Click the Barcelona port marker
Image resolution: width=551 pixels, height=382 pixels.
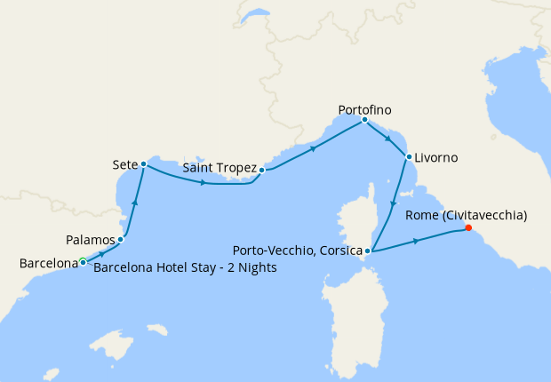(x=83, y=261)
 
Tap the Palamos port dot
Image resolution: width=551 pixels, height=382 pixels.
(x=120, y=240)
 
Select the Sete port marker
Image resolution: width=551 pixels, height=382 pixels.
(x=143, y=164)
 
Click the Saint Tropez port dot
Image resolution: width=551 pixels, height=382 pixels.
(x=262, y=169)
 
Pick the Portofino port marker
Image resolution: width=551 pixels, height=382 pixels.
(x=364, y=120)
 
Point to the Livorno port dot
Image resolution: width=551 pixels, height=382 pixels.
(x=408, y=157)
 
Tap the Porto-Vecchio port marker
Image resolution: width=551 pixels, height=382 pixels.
(x=367, y=251)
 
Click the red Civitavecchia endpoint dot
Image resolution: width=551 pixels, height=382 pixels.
(x=468, y=227)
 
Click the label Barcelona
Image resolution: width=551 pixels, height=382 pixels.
(x=48, y=263)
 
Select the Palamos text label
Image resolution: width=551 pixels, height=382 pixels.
(x=91, y=240)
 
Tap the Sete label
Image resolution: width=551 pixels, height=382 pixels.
(x=124, y=165)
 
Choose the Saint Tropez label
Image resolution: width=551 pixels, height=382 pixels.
(x=219, y=168)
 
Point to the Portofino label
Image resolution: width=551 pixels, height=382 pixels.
(x=364, y=110)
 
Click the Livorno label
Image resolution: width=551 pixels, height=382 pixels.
(x=435, y=157)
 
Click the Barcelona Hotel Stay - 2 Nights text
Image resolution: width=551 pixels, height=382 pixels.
(x=184, y=267)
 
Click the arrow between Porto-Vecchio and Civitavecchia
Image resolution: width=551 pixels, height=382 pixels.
(x=415, y=241)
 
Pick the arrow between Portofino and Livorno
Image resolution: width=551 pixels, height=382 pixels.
(x=387, y=139)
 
